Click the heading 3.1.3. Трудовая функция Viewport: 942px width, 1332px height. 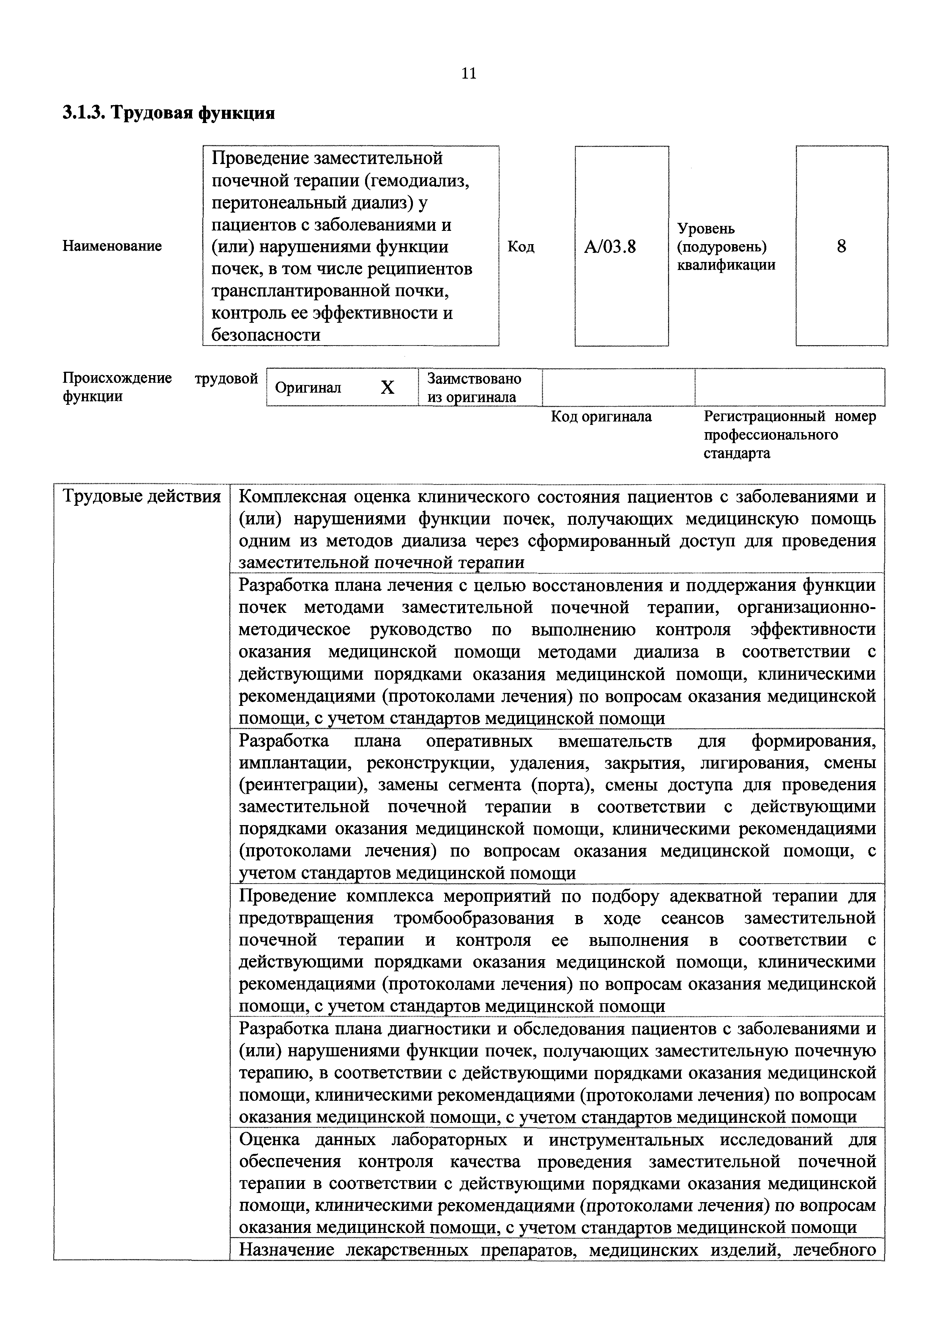tap(168, 112)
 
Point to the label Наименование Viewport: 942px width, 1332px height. tap(112, 246)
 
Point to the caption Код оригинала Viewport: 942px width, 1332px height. tap(601, 417)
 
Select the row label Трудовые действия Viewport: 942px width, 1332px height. tap(142, 497)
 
